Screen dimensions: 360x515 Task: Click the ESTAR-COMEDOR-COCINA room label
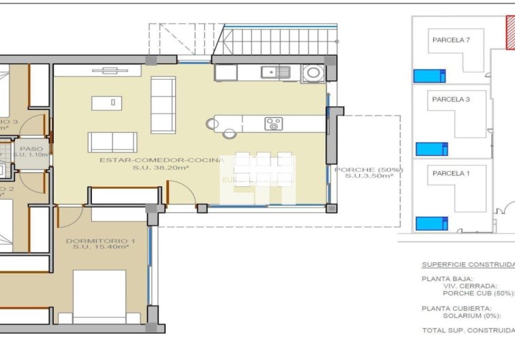161,160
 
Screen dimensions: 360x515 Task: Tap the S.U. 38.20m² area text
161,168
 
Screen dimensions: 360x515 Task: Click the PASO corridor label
31,148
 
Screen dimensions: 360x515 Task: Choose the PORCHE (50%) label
368,170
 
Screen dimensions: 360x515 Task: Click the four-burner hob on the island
274,123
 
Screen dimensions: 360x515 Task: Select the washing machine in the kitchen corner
314,72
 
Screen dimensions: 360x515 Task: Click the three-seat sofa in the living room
163,104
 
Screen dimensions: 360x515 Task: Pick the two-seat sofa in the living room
112,142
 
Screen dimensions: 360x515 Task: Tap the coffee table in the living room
104,102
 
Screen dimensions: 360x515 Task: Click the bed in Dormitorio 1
99,296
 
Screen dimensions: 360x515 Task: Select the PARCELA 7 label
451,40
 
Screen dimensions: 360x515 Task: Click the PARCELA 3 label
451,100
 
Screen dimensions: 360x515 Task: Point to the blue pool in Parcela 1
431,223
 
